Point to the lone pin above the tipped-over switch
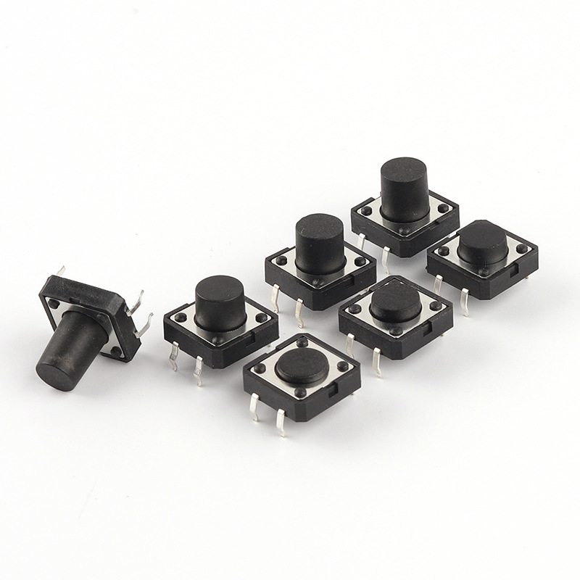coord(61,271)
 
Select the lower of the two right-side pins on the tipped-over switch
coord(144,323)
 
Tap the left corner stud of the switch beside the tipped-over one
coord(178,315)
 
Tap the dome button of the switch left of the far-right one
coord(396,301)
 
